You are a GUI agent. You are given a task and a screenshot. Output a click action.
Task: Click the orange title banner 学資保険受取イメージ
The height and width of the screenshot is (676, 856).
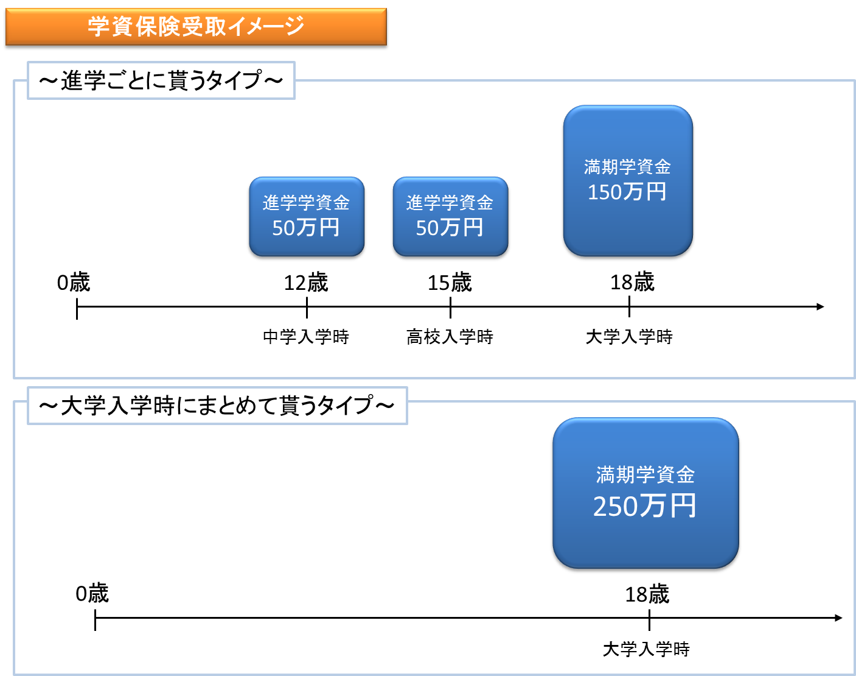click(x=196, y=27)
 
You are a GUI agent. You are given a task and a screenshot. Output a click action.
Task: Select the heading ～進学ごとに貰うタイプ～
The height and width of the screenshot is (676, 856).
click(x=161, y=80)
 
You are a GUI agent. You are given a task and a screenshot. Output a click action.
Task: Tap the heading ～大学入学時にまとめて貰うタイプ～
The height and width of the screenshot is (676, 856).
click(x=217, y=406)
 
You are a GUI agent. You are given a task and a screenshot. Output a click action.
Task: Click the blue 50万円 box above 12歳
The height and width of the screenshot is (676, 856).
click(x=306, y=217)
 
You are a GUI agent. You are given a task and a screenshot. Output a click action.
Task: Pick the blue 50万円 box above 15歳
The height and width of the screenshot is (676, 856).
click(x=450, y=217)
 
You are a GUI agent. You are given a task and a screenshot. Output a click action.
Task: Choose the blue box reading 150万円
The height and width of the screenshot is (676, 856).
click(x=628, y=181)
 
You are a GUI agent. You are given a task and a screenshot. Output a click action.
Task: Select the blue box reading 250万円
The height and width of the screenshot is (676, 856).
click(x=645, y=494)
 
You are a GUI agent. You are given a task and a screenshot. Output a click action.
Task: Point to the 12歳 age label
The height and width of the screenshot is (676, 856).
click(x=306, y=283)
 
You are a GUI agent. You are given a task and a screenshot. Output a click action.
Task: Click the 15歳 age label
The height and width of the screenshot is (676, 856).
click(x=450, y=283)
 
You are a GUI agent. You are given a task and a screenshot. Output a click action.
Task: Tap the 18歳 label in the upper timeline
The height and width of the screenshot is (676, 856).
click(x=632, y=282)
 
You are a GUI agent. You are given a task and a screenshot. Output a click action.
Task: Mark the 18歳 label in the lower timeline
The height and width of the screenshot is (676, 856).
click(x=647, y=594)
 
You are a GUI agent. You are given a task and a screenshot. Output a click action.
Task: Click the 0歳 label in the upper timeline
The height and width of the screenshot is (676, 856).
click(x=74, y=283)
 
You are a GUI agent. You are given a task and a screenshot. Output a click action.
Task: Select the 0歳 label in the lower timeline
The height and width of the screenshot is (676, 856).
click(x=92, y=594)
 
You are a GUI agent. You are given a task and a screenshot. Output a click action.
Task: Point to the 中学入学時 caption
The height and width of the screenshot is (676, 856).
click(x=306, y=337)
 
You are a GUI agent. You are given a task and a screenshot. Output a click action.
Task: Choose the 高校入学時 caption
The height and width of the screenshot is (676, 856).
click(x=450, y=337)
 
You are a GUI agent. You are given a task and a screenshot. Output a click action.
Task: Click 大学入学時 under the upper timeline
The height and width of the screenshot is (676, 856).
click(x=629, y=337)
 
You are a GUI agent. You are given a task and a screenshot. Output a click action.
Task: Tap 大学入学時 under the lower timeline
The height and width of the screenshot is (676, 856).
click(x=646, y=649)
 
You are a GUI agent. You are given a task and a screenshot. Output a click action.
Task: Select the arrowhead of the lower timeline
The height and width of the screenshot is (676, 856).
click(x=839, y=618)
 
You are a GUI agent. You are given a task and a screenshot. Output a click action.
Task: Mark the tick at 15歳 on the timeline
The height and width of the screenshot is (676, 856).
click(x=450, y=308)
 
